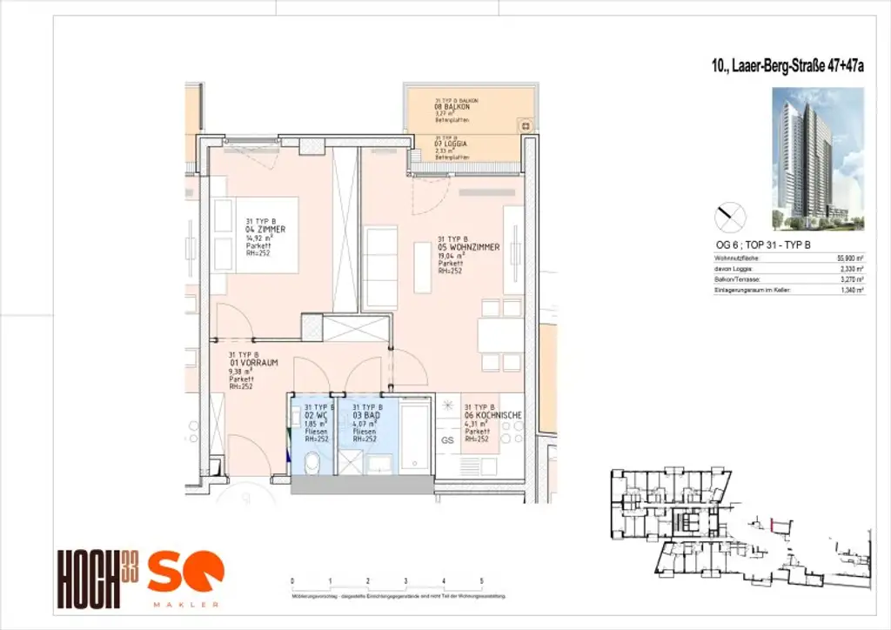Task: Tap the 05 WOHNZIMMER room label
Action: tap(469, 247)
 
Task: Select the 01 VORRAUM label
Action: tap(253, 362)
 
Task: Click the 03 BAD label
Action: tap(366, 416)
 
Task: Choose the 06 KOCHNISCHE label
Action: tap(493, 416)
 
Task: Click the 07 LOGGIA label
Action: tap(452, 143)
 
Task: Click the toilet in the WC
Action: tap(312, 459)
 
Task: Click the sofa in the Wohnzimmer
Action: tap(379, 266)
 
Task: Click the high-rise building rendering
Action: tap(817, 158)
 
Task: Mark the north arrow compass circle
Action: tap(730, 215)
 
